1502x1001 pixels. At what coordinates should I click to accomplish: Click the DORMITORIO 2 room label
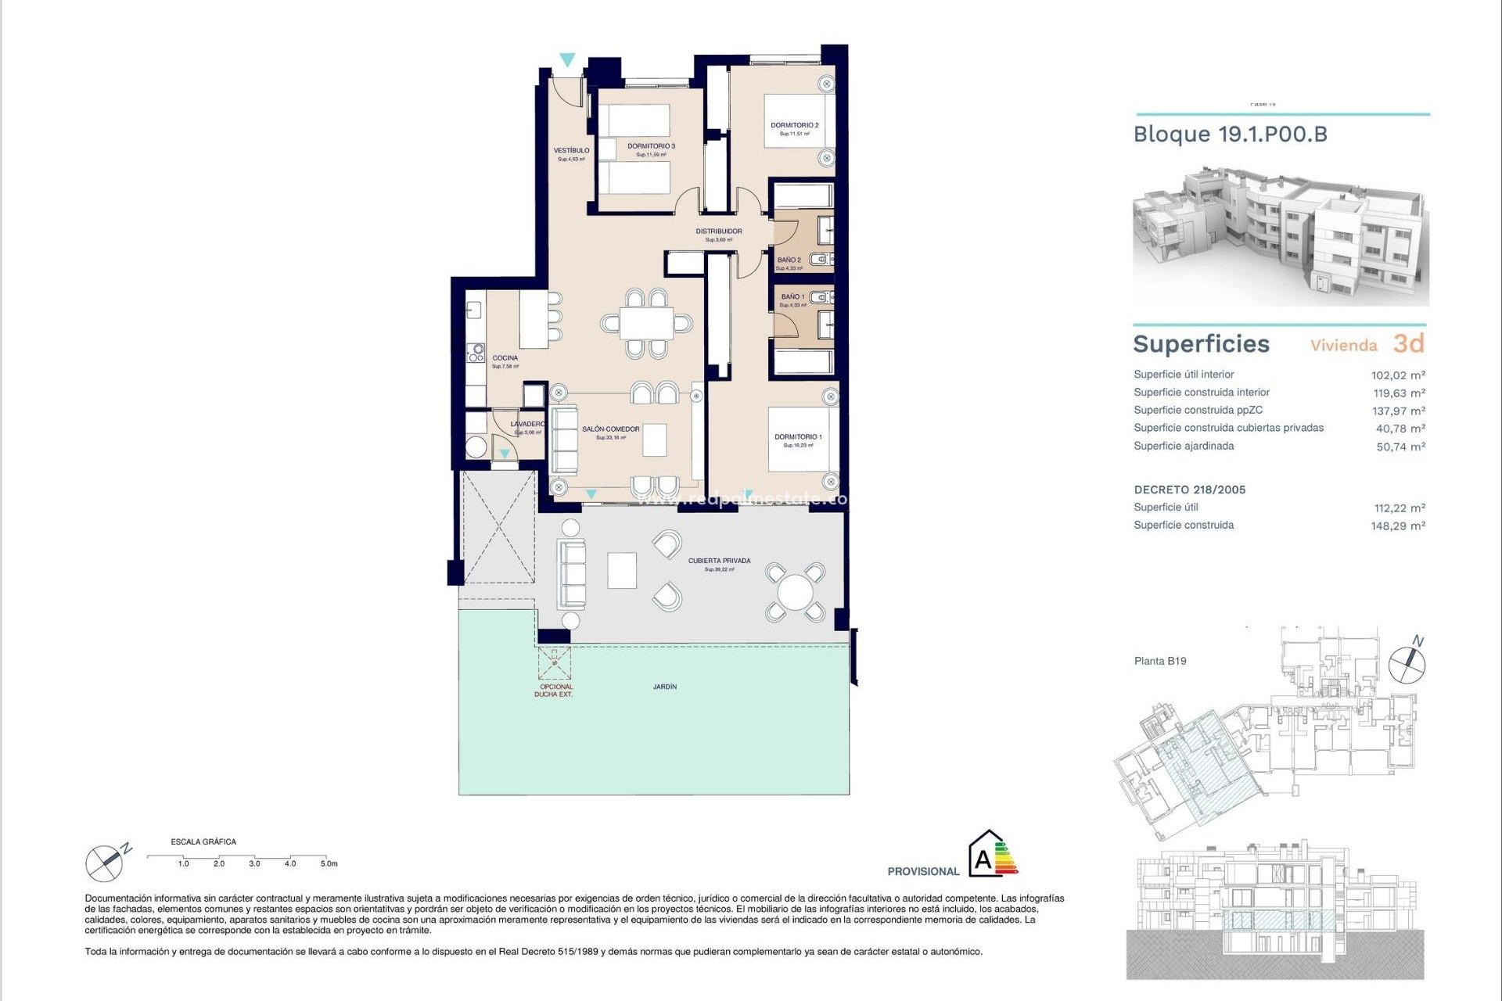794,125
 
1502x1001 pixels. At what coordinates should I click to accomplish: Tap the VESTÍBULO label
571,151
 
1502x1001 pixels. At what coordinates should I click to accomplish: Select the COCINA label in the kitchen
505,358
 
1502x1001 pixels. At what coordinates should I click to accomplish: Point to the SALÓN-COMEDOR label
610,429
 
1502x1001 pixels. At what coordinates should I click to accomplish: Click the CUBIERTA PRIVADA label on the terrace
719,561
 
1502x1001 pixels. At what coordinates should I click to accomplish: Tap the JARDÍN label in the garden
665,687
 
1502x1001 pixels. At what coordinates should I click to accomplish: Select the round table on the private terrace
795,592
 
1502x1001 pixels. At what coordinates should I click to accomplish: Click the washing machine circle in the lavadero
476,448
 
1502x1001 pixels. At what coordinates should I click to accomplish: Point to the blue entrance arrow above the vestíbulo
567,59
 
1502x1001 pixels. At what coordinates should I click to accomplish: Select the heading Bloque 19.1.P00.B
1230,135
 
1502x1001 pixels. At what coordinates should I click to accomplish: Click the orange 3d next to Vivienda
1408,343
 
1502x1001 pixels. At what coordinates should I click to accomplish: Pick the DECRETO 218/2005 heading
1189,490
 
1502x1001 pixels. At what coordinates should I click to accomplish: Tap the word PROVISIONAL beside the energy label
922,871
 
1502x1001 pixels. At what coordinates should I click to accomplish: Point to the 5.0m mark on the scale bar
329,863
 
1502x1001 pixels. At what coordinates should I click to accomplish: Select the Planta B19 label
1160,661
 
